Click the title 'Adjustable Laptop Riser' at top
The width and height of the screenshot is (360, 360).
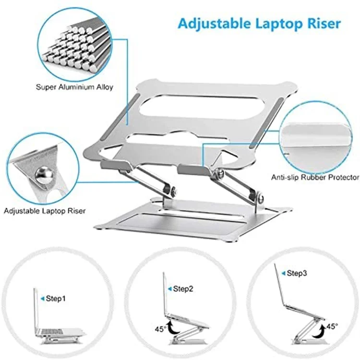pos(259,23)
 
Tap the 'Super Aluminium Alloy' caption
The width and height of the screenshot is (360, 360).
pos(74,87)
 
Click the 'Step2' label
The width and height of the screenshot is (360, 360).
pos(182,289)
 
